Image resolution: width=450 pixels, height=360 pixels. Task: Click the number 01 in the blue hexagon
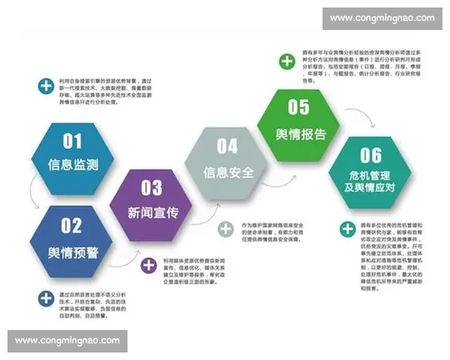72,140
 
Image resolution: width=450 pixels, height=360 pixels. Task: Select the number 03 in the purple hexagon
151,187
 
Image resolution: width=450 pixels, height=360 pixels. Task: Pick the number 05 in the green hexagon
298,107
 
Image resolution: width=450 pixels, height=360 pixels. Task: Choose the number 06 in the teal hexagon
371,155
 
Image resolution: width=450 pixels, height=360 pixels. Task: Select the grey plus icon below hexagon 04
225,229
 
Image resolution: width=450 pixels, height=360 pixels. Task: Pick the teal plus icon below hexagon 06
347,229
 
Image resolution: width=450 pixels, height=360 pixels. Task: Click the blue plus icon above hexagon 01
46,85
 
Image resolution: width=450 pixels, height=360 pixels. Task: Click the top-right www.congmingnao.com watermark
382,18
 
